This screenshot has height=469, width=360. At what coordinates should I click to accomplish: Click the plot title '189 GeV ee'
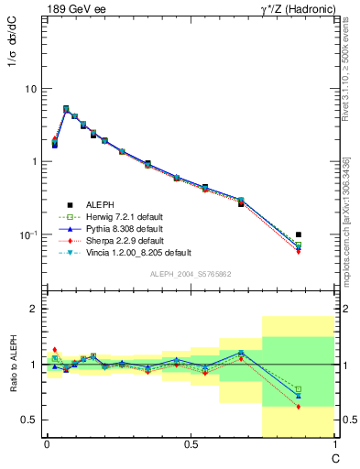[x=74, y=10]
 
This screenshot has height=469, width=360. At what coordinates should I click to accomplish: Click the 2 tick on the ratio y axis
[x=34, y=310]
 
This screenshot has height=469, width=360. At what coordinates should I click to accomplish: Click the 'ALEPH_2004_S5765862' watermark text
[x=189, y=274]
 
